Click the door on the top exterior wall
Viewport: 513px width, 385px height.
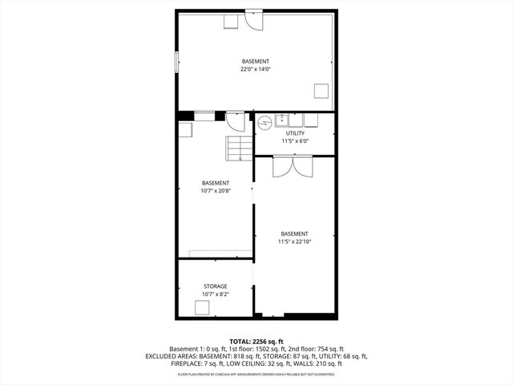(x=253, y=18)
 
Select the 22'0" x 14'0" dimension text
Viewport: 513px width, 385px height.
(x=256, y=70)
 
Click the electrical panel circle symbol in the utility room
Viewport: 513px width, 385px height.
(x=265, y=122)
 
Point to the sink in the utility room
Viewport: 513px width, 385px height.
(x=283, y=120)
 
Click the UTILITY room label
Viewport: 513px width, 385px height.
(x=295, y=133)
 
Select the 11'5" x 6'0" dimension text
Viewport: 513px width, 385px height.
(x=295, y=141)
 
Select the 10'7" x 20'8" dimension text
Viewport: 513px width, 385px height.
(x=215, y=191)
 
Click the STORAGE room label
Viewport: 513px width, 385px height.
(x=215, y=286)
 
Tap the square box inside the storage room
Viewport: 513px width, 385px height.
(x=202, y=306)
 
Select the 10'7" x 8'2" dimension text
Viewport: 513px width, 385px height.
(x=215, y=294)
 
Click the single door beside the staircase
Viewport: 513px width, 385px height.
(x=236, y=122)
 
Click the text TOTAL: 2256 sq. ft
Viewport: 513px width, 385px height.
(x=256, y=341)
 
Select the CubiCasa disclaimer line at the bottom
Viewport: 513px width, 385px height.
(x=256, y=374)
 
